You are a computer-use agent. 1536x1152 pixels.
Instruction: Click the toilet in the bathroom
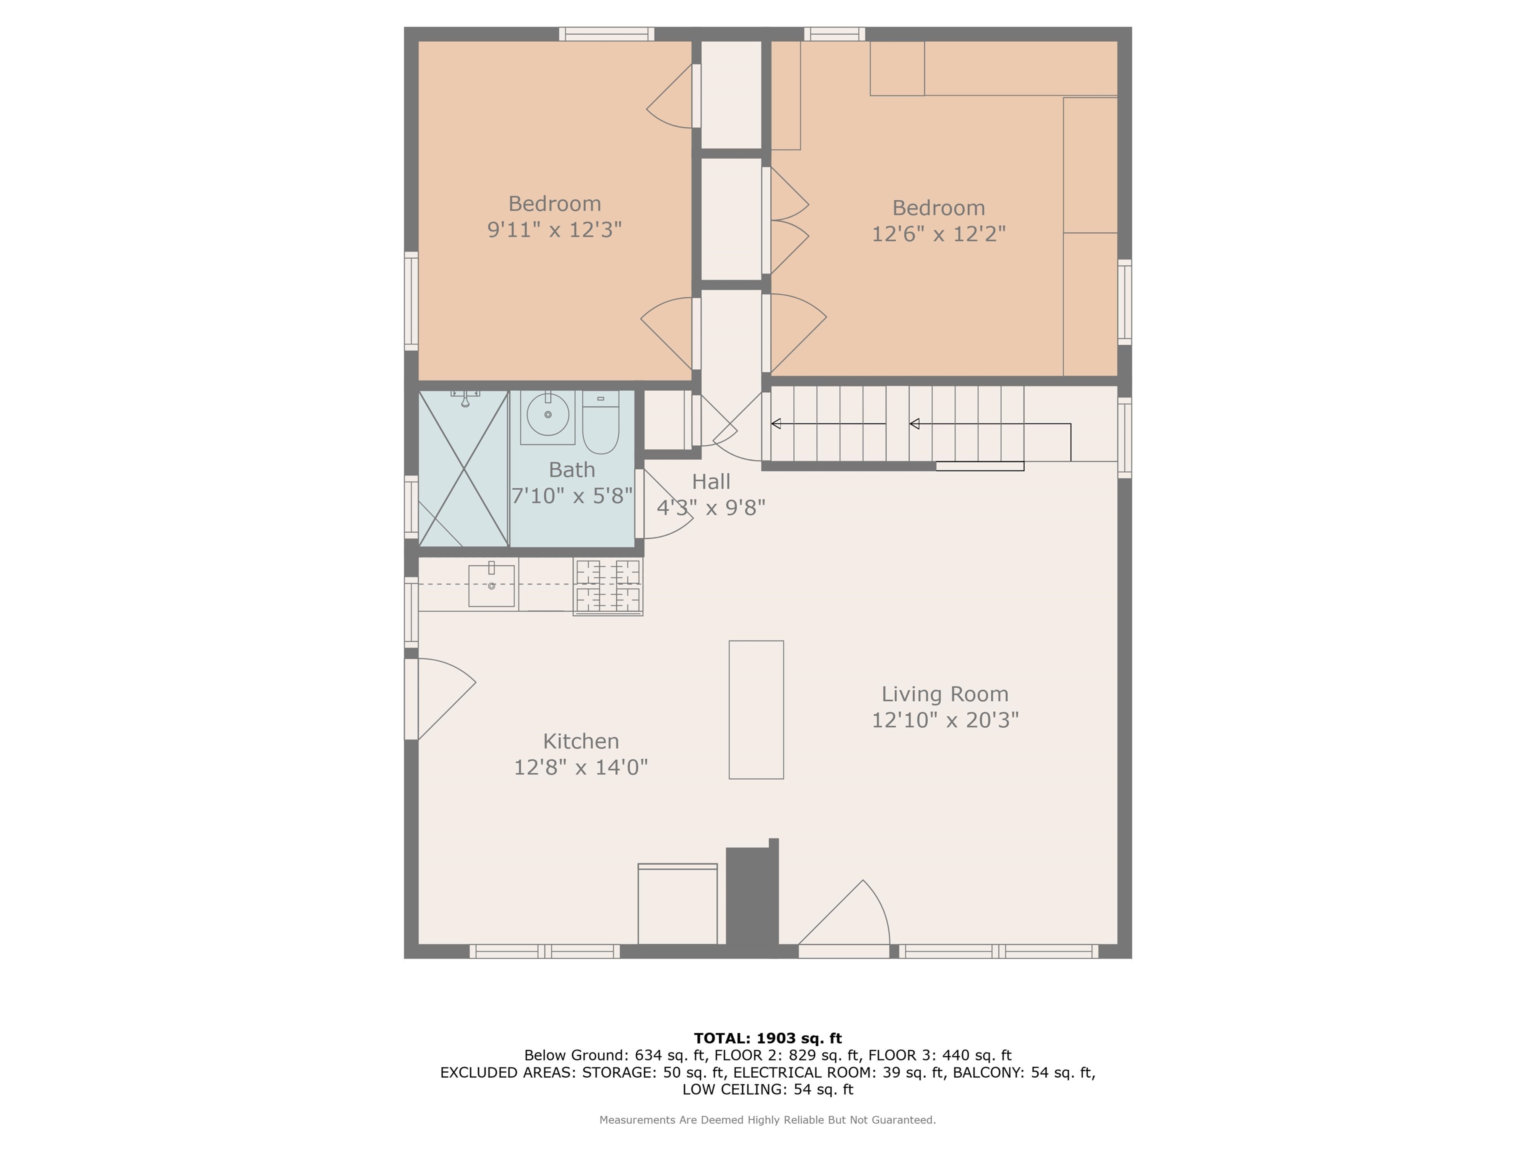point(600,421)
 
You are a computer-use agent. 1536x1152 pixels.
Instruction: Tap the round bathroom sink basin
point(548,414)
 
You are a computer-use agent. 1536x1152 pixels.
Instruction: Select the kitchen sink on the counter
point(491,585)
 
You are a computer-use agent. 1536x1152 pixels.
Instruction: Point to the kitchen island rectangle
point(756,709)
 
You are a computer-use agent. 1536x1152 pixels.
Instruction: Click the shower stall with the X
point(463,468)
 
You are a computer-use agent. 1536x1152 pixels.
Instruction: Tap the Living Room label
point(945,693)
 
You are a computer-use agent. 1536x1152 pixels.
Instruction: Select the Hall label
point(711,481)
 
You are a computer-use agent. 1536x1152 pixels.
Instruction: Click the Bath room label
point(572,470)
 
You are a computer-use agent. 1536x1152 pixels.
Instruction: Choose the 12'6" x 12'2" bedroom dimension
point(939,233)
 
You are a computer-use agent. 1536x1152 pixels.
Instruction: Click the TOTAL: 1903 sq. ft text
point(768,1038)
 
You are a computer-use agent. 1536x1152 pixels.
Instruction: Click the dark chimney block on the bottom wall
point(752,897)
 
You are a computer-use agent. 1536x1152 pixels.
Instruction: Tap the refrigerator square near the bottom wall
point(677,904)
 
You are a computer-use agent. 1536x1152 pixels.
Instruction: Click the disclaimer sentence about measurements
point(768,1119)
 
